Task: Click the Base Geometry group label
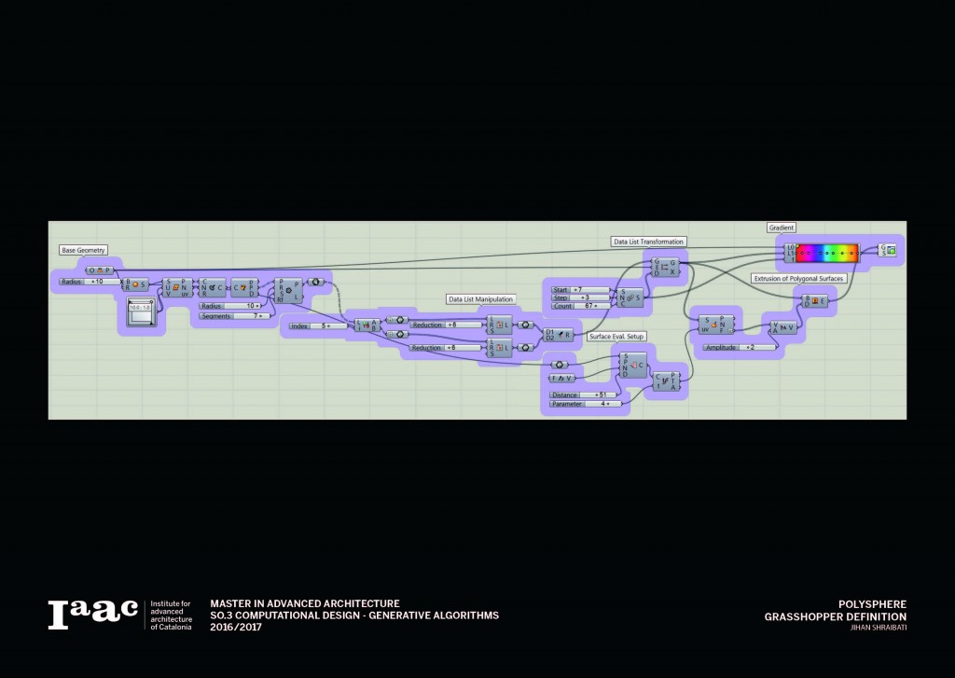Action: point(84,250)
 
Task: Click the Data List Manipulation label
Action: point(481,299)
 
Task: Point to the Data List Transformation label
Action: point(649,242)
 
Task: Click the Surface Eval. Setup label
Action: point(616,336)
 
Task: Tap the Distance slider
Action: point(582,394)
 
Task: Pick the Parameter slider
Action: point(582,404)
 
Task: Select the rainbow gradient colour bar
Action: point(826,252)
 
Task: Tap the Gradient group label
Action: point(782,228)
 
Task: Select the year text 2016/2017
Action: point(237,627)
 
